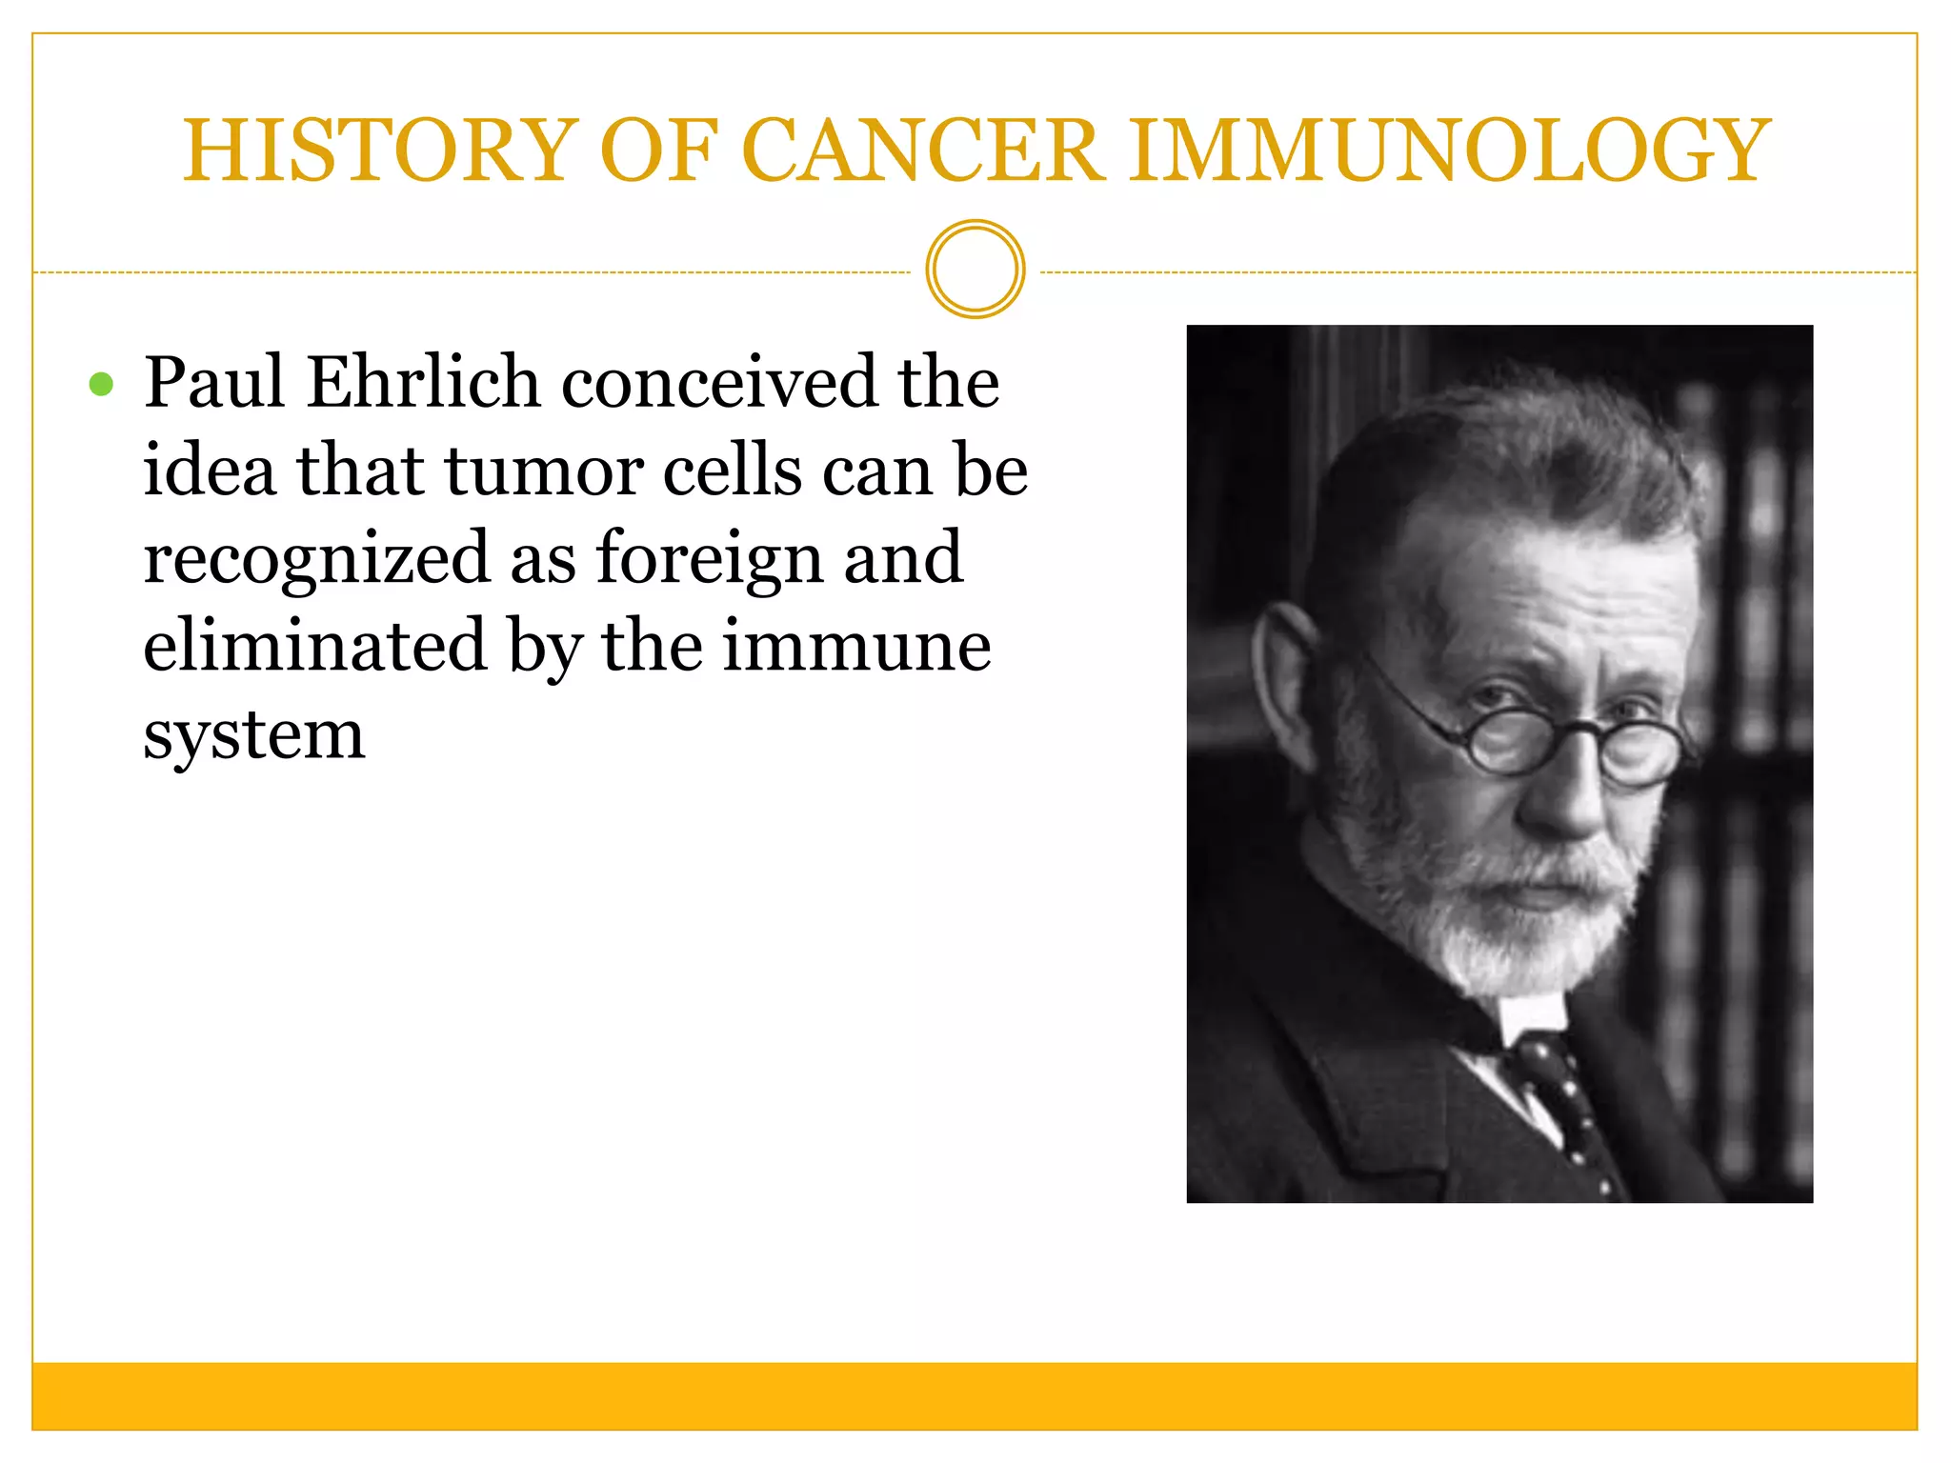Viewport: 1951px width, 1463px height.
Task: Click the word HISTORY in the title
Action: coord(381,150)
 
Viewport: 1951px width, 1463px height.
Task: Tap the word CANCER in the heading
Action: coord(922,150)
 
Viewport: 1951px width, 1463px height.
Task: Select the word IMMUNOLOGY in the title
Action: coord(1449,150)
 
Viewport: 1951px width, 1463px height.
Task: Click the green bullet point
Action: coord(101,385)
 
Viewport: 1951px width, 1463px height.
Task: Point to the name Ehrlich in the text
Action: coord(423,382)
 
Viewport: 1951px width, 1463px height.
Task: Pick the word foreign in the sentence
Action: coord(710,558)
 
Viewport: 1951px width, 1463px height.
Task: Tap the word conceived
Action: coord(718,382)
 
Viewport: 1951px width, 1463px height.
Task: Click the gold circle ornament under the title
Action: coord(975,270)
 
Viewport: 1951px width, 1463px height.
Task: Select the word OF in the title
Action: coord(657,150)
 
